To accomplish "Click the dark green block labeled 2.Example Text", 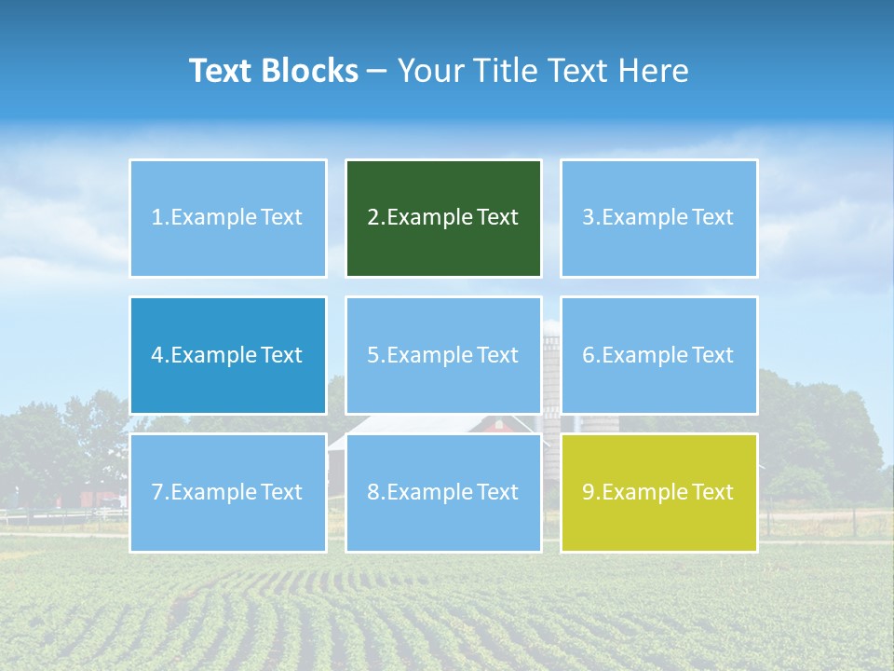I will coord(443,218).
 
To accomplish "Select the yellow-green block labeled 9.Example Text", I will coord(658,492).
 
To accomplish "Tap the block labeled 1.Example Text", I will coord(228,218).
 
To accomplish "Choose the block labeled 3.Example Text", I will coord(658,218).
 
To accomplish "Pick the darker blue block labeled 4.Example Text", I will coord(228,355).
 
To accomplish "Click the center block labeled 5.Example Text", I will coord(443,355).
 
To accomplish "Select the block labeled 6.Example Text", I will coord(658,355).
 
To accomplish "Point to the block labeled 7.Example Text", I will coord(228,492).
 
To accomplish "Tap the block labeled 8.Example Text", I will coord(443,492).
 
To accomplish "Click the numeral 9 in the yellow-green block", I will coord(589,492).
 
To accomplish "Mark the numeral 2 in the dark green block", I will coord(373,218).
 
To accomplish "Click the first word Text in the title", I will coord(223,71).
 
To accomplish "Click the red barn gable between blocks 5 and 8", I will coord(496,424).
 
